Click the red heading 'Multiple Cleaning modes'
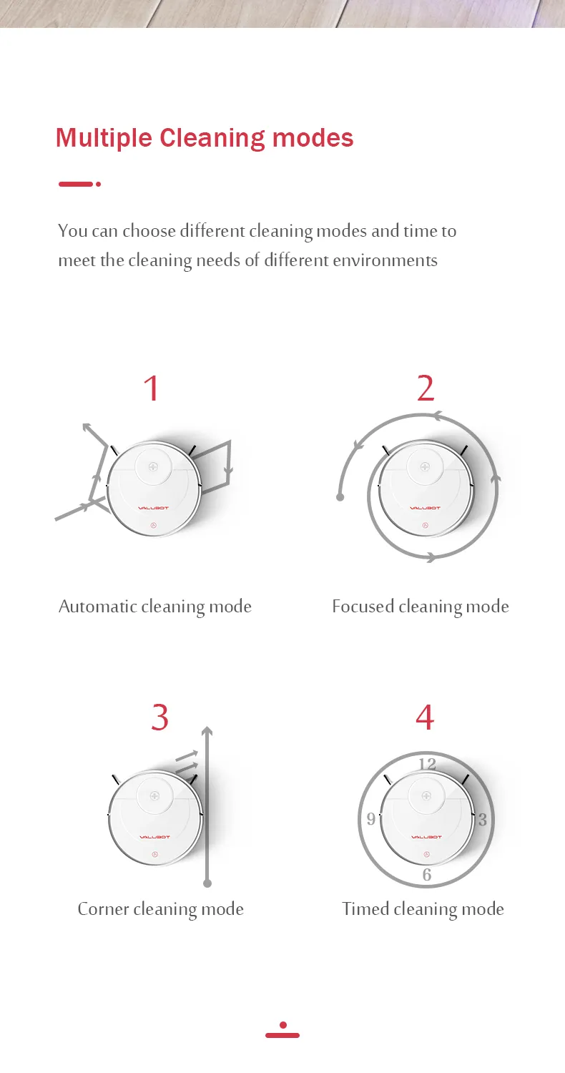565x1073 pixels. [205, 139]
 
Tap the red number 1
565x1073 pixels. [152, 388]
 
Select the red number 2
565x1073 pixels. [426, 388]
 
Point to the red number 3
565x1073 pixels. [160, 717]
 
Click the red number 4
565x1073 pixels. [426, 717]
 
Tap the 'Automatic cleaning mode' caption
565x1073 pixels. [155, 607]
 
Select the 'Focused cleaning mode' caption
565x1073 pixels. [421, 607]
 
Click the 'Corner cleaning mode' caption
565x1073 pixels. [161, 909]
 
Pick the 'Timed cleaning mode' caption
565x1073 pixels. [423, 909]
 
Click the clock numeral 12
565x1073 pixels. [428, 764]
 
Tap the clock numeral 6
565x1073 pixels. [427, 875]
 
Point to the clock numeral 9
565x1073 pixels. [371, 818]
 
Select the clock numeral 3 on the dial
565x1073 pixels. [483, 819]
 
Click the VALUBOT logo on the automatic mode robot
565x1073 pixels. [153, 508]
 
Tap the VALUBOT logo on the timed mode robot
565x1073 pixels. [427, 837]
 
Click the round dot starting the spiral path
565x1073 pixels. [340, 497]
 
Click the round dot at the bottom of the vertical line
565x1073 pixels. [207, 883]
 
